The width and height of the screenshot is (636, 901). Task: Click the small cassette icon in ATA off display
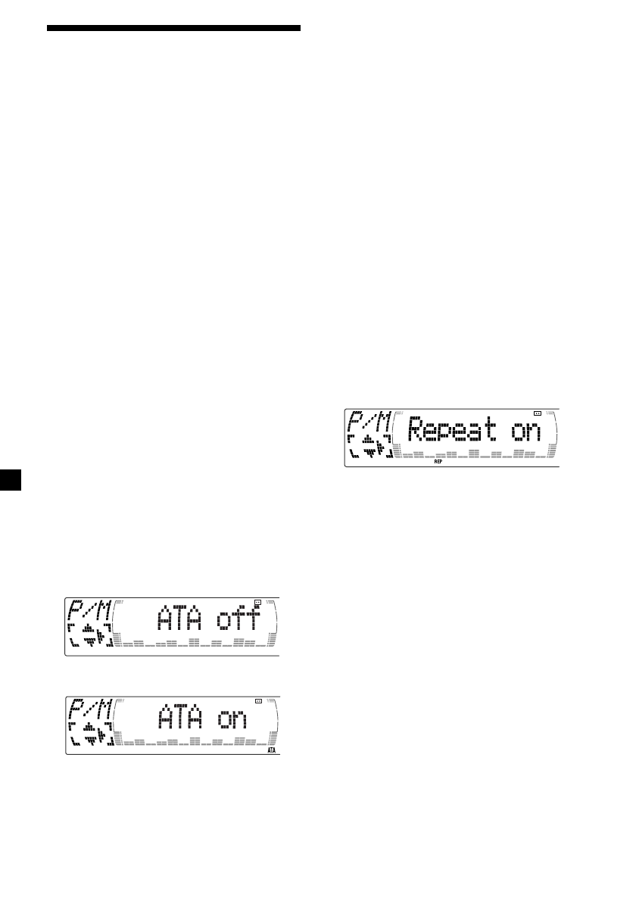tap(258, 602)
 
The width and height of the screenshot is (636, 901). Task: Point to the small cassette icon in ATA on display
tap(258, 701)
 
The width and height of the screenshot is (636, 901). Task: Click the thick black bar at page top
tap(174, 29)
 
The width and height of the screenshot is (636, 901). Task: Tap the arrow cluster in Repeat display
tap(369, 447)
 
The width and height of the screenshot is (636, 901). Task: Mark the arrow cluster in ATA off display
tap(90, 636)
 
